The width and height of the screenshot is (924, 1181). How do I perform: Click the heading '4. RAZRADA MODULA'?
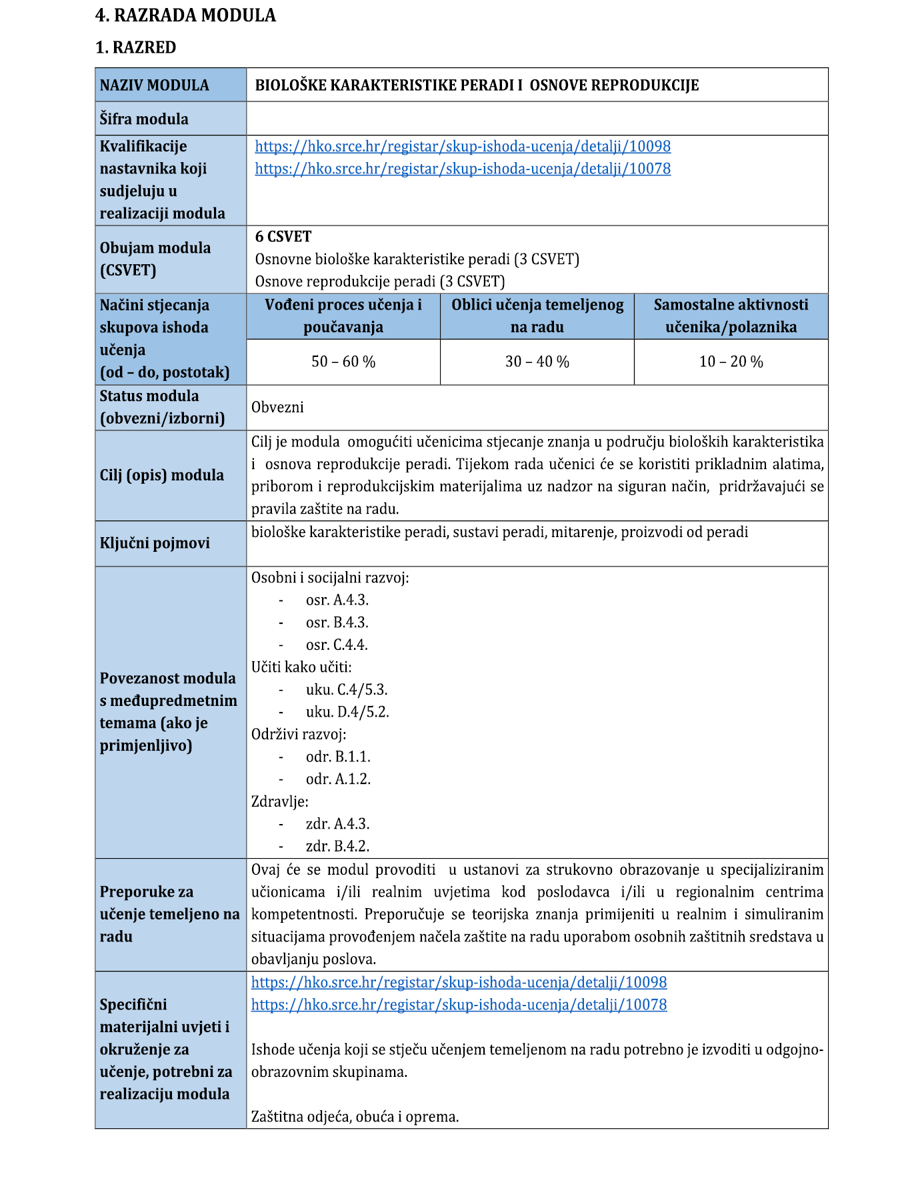click(x=185, y=15)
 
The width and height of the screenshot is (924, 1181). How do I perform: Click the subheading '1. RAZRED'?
click(x=136, y=47)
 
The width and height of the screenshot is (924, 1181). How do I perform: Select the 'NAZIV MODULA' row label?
click(x=154, y=85)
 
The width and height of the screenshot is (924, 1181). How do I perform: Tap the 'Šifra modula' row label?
click(x=144, y=119)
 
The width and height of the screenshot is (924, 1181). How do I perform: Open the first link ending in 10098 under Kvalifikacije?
click(x=463, y=146)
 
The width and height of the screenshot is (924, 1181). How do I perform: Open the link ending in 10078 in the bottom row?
click(x=459, y=1004)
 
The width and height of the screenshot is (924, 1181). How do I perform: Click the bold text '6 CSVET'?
click(x=283, y=236)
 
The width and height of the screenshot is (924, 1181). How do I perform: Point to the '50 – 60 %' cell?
click(x=343, y=362)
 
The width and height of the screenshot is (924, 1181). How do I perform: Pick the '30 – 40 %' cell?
click(x=537, y=362)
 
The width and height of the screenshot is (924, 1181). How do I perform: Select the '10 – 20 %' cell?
click(x=731, y=362)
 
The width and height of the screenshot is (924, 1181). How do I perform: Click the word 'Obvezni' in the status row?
click(x=277, y=407)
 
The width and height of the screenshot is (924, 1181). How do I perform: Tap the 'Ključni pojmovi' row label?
click(x=155, y=543)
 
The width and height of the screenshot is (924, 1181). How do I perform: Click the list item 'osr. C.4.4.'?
click(x=337, y=645)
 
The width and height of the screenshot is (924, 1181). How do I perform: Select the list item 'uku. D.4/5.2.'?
click(x=347, y=712)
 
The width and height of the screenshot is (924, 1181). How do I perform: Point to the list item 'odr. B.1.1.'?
click(x=338, y=757)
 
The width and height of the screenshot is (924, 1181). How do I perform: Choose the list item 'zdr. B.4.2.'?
click(x=337, y=846)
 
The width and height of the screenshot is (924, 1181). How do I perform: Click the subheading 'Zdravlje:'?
click(x=280, y=801)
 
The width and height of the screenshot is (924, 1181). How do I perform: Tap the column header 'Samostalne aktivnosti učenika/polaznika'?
click(x=731, y=316)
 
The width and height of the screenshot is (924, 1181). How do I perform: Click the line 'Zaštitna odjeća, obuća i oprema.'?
click(x=355, y=1116)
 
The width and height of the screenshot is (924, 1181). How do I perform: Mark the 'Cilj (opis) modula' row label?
click(x=161, y=475)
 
